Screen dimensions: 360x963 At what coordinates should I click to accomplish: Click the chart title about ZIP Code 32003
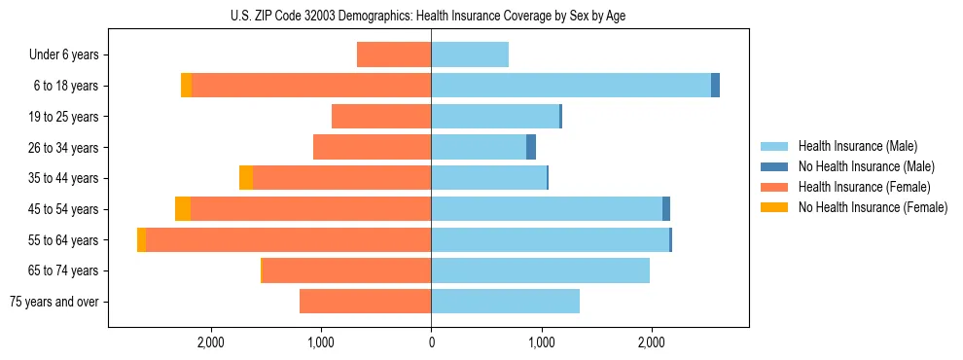pos(431,16)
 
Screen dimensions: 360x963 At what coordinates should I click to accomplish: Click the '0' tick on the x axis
pos(431,342)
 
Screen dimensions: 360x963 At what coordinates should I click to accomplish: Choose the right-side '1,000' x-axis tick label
pos(541,342)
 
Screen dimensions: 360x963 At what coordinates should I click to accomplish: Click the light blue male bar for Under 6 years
pos(470,55)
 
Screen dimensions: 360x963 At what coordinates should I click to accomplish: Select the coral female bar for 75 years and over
pos(365,302)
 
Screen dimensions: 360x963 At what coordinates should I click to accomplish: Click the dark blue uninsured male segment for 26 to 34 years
pos(531,148)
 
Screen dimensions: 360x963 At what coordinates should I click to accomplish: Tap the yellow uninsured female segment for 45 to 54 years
pos(183,209)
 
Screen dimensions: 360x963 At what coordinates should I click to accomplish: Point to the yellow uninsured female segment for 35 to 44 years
pos(246,178)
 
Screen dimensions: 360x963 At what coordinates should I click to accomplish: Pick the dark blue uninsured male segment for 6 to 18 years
pos(715,86)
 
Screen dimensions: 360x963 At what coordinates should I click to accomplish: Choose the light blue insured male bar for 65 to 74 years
pos(540,270)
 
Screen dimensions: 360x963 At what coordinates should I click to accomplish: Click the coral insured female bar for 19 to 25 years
pos(381,117)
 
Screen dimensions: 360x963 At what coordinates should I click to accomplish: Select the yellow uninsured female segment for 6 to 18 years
pos(187,86)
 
